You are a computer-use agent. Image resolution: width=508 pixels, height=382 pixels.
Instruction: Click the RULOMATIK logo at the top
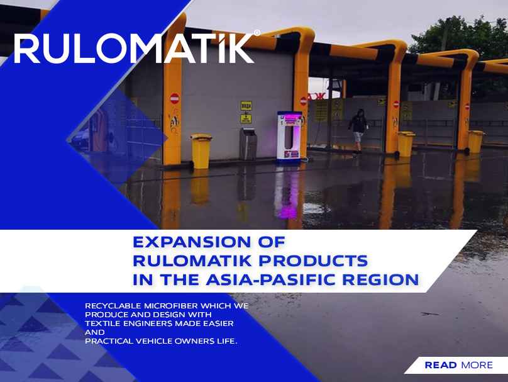coord(136,48)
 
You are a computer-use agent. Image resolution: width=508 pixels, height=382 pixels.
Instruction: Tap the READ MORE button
coord(458,365)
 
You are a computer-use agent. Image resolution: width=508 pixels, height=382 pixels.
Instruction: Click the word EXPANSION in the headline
coord(192,242)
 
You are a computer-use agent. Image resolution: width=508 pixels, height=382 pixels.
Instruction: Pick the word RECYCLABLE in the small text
coord(113,306)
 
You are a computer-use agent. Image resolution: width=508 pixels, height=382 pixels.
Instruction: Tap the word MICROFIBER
coord(171,306)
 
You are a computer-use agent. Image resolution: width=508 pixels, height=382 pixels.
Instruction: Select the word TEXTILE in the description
coord(102,323)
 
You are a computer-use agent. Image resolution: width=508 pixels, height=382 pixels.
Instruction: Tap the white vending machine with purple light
coord(289,136)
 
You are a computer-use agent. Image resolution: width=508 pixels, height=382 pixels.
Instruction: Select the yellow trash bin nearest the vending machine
coord(201,151)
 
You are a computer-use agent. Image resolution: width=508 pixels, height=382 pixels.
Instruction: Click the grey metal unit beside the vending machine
coord(248,143)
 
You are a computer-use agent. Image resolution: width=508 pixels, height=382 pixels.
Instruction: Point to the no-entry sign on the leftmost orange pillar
coord(175,98)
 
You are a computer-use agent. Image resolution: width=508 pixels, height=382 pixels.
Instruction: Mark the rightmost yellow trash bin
coord(475,142)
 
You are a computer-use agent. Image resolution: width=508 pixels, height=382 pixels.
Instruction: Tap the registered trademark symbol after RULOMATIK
coord(257,33)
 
